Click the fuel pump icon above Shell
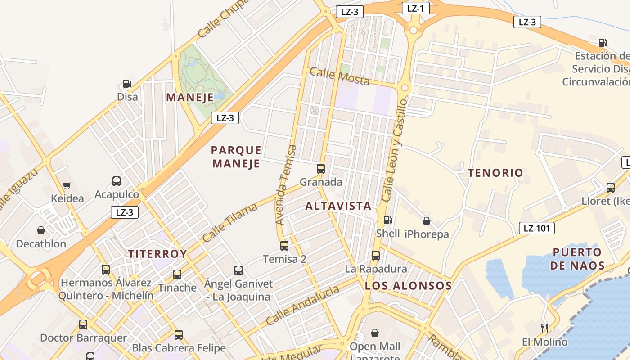(387, 220)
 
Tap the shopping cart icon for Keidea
(67, 185)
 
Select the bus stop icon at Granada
(321, 169)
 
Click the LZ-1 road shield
(415, 8)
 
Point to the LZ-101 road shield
(536, 228)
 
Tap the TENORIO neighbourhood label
(495, 173)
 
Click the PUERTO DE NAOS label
(577, 259)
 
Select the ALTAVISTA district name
(338, 206)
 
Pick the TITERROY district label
(157, 254)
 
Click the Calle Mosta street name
(340, 76)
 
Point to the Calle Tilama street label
(229, 223)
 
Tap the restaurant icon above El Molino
(544, 328)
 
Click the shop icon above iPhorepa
(426, 221)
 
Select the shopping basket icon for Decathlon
(41, 230)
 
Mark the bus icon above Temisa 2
(284, 245)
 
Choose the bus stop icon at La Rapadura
(376, 256)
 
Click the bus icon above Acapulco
(117, 181)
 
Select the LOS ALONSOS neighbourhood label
(408, 286)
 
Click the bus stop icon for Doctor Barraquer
(83, 324)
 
